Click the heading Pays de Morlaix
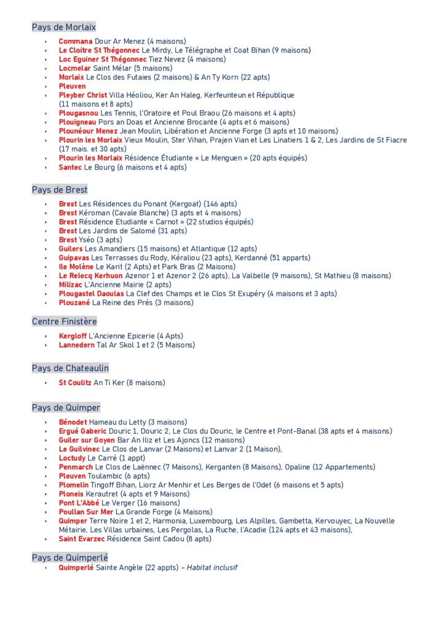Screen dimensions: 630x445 click(x=64, y=27)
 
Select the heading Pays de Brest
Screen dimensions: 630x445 click(x=60, y=189)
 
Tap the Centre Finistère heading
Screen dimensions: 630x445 click(x=65, y=321)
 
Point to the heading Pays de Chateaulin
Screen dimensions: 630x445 click(x=70, y=368)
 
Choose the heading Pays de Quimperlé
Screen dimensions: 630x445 click(x=70, y=557)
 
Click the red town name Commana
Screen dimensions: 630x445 click(x=76, y=41)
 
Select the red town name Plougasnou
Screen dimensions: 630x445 click(x=78, y=113)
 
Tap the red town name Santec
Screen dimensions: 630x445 click(x=70, y=167)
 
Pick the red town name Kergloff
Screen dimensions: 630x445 click(x=73, y=336)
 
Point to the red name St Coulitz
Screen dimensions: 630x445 click(x=75, y=383)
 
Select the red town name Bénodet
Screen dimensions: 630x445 click(x=73, y=422)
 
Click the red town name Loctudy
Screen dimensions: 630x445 click(x=72, y=458)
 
